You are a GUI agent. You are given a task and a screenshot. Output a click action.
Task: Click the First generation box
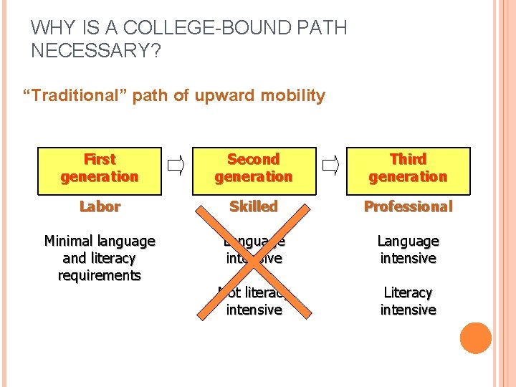(x=100, y=168)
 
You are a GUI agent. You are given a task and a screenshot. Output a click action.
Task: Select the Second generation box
(x=254, y=168)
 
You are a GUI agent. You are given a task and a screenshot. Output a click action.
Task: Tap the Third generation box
(x=408, y=168)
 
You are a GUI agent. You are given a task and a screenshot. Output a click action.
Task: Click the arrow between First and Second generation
(x=176, y=168)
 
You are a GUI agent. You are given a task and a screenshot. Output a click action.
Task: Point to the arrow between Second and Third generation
(x=330, y=168)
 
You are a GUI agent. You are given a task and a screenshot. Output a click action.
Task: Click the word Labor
(x=100, y=206)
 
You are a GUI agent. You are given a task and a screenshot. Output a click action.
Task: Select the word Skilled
(x=254, y=206)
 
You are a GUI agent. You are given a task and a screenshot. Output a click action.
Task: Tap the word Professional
(x=408, y=206)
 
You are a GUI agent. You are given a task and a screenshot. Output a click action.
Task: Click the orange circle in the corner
(x=476, y=338)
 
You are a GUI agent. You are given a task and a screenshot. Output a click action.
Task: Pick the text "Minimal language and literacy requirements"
(x=100, y=258)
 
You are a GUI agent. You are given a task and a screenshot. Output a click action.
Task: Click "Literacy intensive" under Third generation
(x=408, y=301)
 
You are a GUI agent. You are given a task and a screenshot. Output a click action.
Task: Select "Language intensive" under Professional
(x=408, y=249)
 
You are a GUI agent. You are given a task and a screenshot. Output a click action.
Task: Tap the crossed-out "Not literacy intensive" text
(x=254, y=301)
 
